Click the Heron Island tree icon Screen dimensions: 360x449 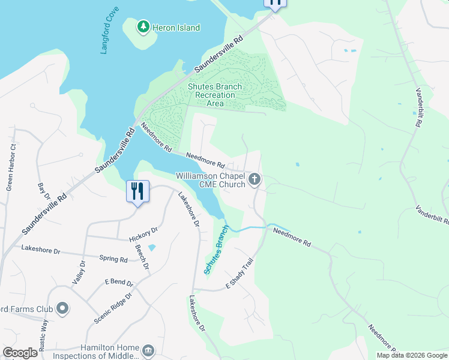tap(143, 26)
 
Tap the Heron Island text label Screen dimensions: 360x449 tap(176, 28)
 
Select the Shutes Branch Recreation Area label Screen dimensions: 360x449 tap(215, 95)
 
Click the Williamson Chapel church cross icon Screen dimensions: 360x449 tap(255, 179)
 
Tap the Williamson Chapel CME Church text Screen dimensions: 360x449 tap(210, 180)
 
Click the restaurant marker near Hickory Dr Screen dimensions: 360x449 tap(137, 191)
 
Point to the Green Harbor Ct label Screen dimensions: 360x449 tap(11, 167)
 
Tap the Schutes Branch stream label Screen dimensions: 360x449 tap(216, 250)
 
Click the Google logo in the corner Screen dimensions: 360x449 tap(20, 353)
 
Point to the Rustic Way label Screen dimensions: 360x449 tap(44, 334)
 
